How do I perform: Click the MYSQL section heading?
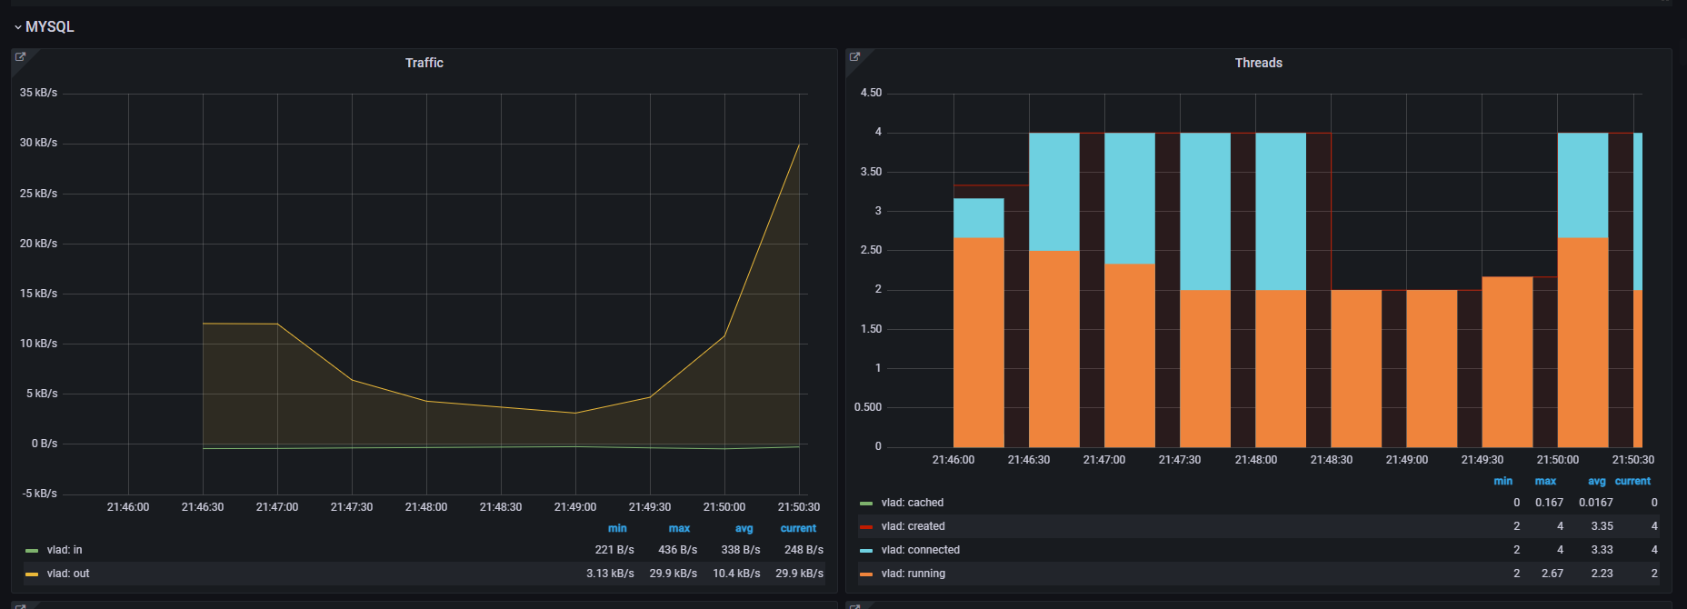coord(49,27)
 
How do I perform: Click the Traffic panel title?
coord(424,63)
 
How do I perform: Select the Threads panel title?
coord(1258,63)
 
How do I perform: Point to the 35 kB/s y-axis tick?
coord(38,93)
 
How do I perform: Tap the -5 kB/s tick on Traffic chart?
coord(39,494)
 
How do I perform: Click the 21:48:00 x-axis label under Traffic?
coord(426,507)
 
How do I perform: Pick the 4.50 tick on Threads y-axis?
coord(871,93)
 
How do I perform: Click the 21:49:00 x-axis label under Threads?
coord(1406,460)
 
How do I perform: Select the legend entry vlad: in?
coord(65,550)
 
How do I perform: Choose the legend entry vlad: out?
coord(68,574)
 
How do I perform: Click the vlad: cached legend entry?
coord(912,503)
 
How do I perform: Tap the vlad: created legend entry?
coord(913,526)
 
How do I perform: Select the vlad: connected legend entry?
coord(920,550)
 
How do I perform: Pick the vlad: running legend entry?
coord(913,574)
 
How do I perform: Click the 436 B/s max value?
coord(677,550)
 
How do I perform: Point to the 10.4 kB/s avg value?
coord(736,574)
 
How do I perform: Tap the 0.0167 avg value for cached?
coord(1595,503)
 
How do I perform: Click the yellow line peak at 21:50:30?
coord(799,144)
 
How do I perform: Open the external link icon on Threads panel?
coord(854,57)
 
